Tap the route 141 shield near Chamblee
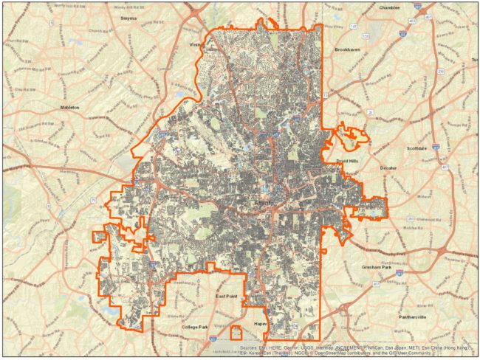354,27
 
